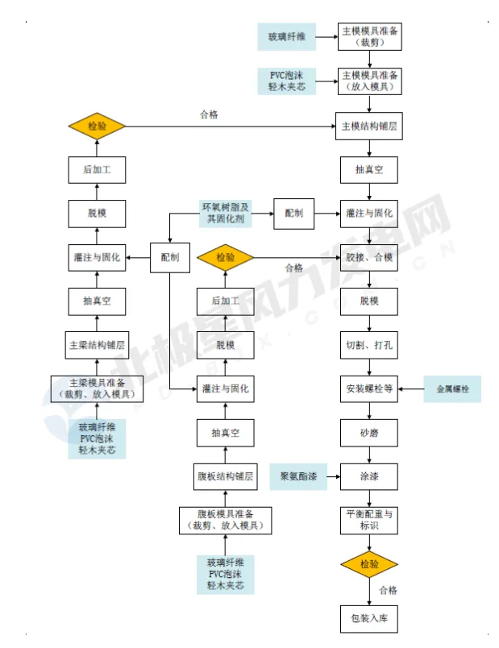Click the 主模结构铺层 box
369,126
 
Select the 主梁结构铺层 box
97,345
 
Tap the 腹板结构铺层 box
225,476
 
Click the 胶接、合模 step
369,258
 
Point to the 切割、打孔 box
369,346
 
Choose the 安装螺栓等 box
369,389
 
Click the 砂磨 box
369,434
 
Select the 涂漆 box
369,477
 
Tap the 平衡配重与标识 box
369,520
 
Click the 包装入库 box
369,620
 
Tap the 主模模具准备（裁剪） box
369,36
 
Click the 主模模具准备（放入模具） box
369,81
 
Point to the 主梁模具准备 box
97,389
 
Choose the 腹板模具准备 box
225,520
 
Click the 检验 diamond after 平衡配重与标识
369,563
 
